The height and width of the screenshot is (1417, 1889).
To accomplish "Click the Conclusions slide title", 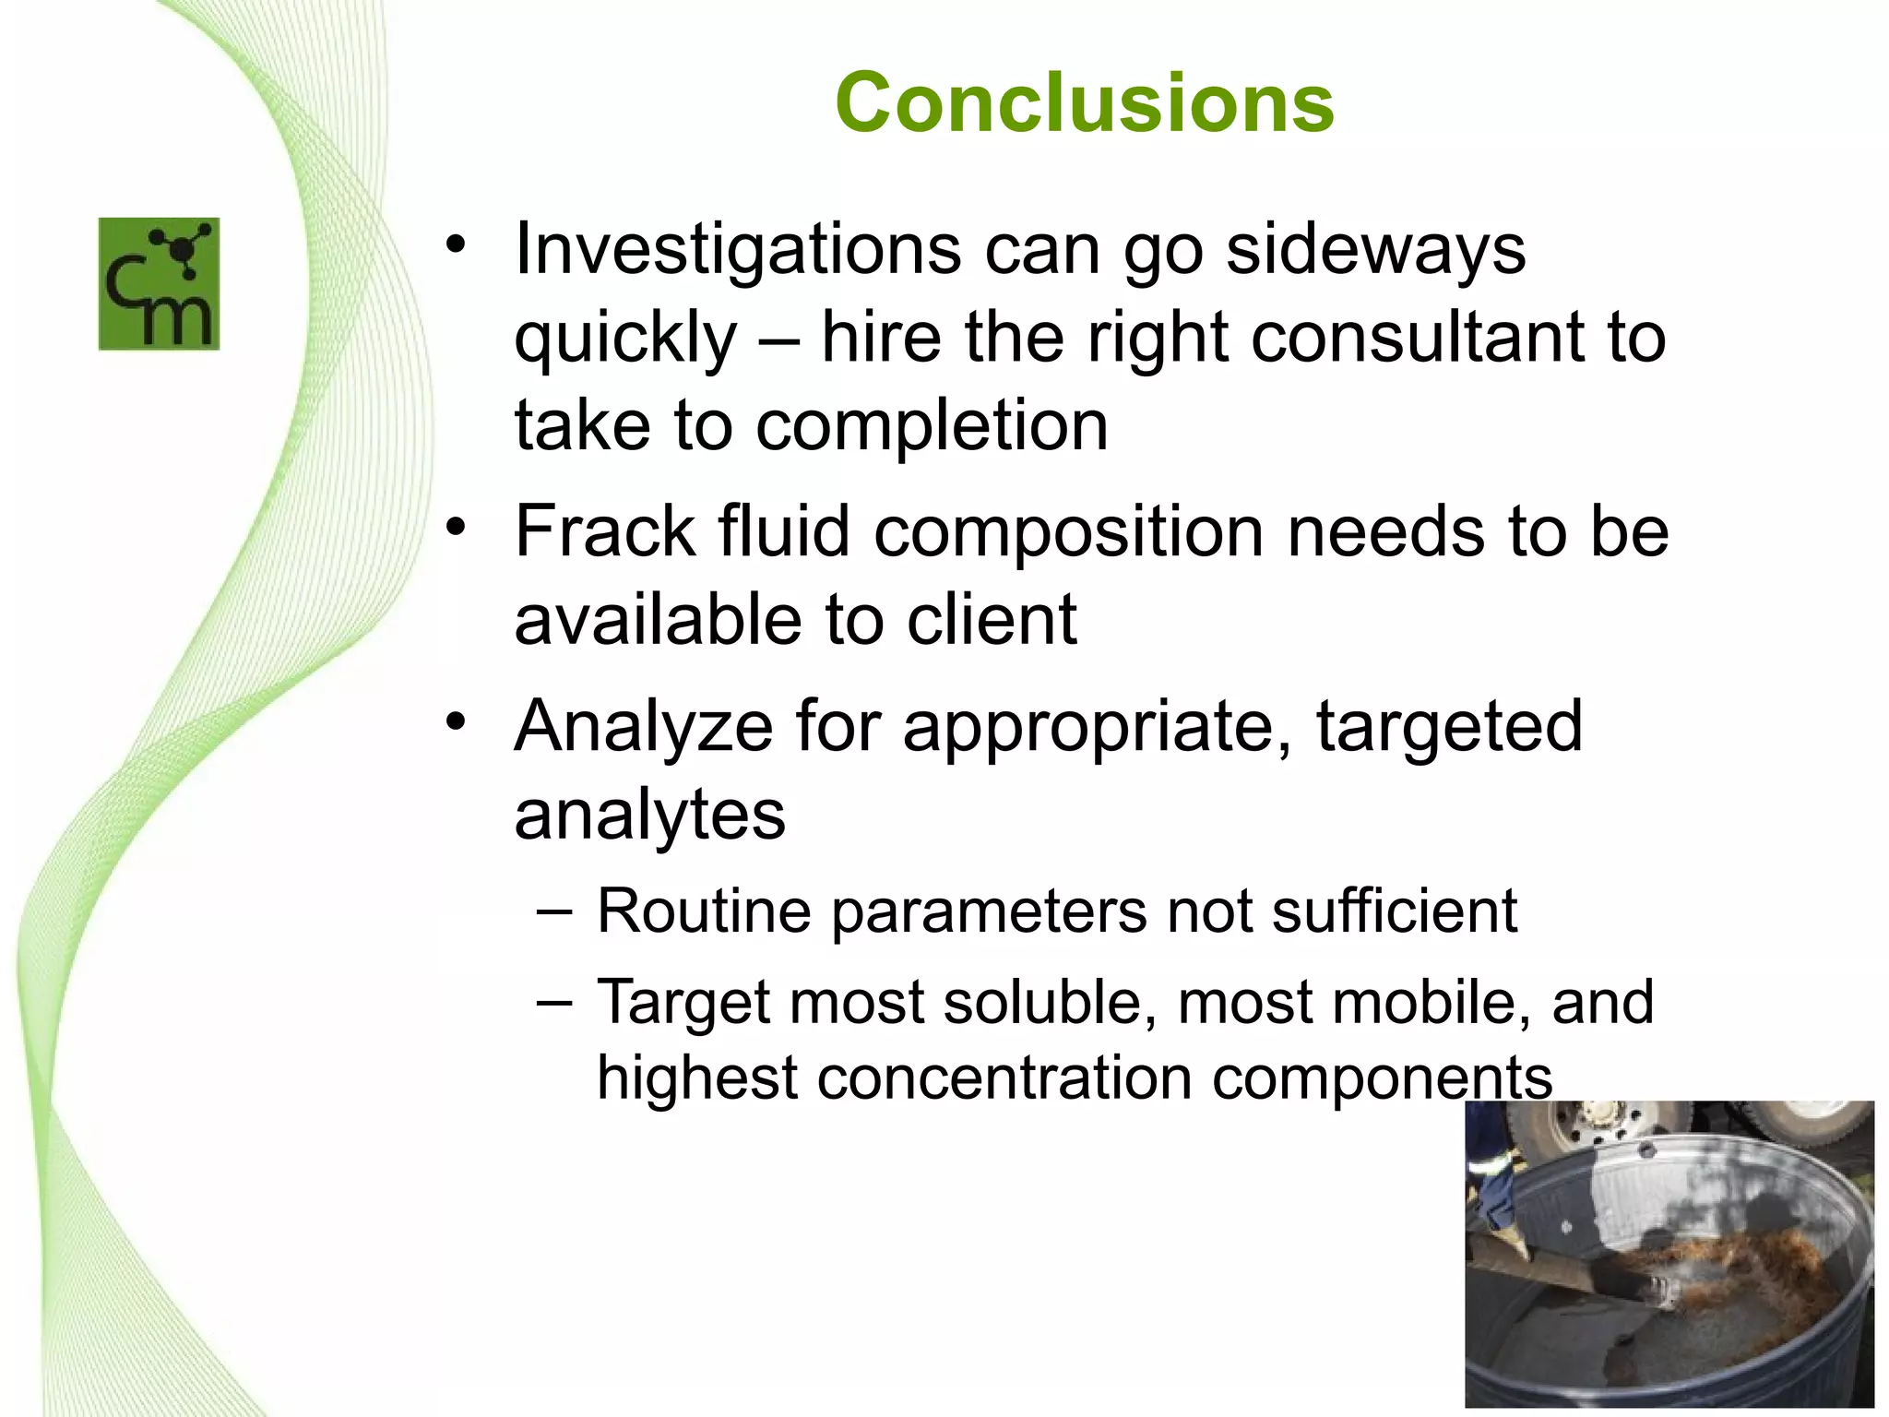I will [1084, 102].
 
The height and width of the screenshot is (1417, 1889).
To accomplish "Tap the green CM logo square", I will [159, 283].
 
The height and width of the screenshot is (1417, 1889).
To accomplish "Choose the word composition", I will [1068, 533].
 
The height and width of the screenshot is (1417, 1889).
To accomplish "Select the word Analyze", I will [643, 727].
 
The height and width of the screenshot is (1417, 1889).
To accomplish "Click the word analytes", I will [649, 815].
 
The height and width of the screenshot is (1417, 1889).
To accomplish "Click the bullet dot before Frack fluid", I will [455, 528].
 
